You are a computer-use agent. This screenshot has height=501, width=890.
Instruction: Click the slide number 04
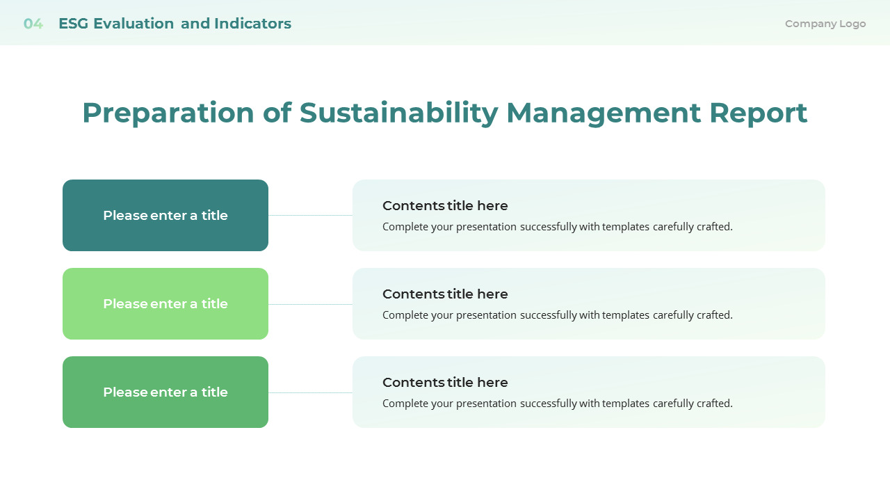click(x=33, y=24)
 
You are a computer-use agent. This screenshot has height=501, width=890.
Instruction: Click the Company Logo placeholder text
click(x=825, y=24)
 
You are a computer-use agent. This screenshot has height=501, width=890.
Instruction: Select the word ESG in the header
click(x=73, y=24)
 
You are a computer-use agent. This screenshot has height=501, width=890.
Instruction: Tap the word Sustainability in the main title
click(x=398, y=113)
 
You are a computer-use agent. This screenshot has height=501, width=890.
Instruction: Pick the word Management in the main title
click(x=602, y=113)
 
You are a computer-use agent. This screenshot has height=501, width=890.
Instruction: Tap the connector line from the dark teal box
click(x=310, y=216)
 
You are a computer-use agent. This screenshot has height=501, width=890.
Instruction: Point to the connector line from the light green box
click(x=310, y=304)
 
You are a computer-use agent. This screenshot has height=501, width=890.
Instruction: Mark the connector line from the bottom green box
click(x=310, y=392)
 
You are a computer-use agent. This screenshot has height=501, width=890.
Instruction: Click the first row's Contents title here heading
click(x=445, y=206)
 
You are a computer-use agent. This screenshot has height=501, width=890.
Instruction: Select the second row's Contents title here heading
click(x=445, y=294)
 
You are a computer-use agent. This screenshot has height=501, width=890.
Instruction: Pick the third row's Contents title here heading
click(x=445, y=383)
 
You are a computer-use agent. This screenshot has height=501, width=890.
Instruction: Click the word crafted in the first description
click(x=713, y=227)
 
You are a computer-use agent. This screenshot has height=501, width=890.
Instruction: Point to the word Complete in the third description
click(x=405, y=404)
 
